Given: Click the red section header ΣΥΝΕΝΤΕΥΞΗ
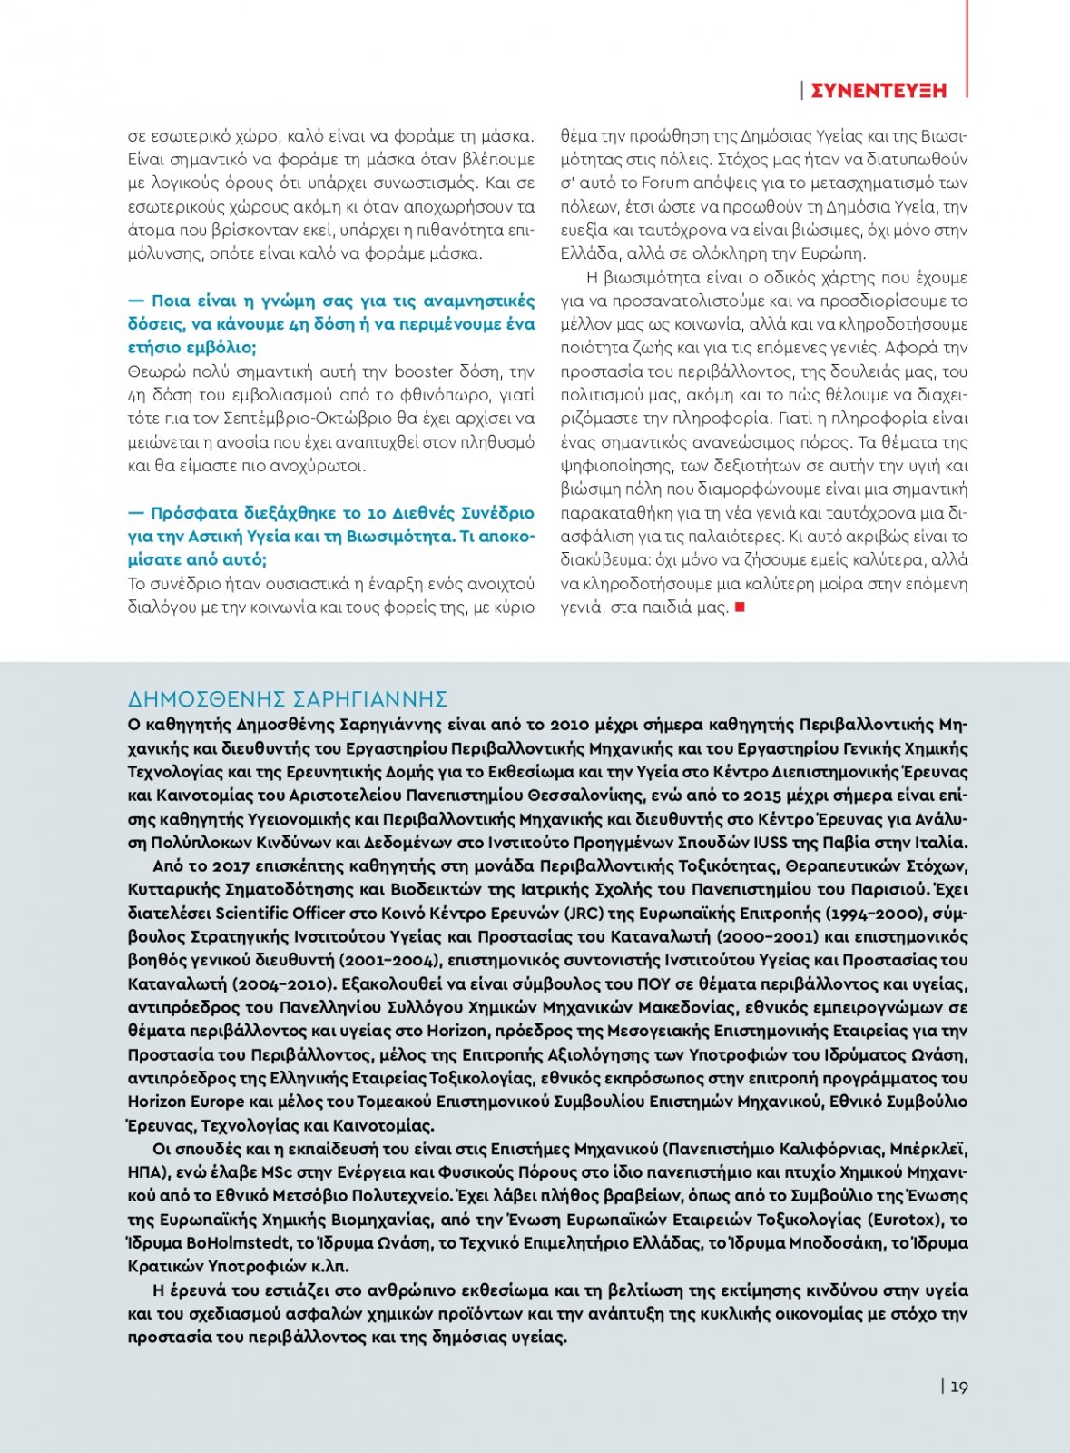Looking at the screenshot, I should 878,90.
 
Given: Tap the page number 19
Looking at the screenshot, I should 959,1387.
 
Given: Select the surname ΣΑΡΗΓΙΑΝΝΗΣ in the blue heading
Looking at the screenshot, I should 370,699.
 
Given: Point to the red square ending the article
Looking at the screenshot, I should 740,607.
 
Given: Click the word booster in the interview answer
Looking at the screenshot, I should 423,371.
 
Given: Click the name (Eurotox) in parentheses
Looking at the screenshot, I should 908,1220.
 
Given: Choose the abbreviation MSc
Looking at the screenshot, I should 280,1172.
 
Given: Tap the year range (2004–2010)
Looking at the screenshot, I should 285,983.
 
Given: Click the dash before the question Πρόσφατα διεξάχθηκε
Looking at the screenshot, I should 136,513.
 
